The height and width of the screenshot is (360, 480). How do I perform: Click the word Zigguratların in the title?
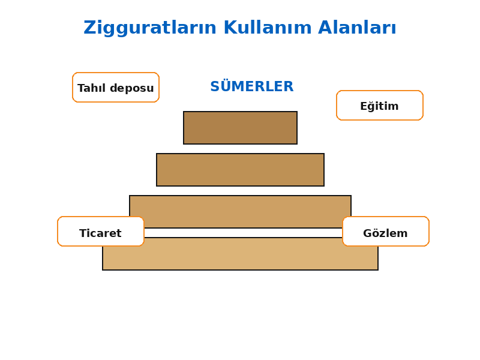(150, 28)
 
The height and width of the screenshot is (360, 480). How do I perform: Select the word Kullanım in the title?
(268, 28)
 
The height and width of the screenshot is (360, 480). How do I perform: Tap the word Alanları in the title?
(357, 28)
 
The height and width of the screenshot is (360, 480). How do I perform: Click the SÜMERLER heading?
(252, 86)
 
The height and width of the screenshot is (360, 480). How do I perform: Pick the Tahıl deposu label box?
(116, 87)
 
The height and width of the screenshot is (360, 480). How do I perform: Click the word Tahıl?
(92, 88)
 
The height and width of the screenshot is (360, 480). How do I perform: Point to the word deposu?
(132, 88)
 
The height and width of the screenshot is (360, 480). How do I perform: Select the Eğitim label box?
(380, 106)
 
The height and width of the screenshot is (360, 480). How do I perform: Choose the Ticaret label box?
(100, 232)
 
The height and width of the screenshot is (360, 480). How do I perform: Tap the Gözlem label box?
(386, 232)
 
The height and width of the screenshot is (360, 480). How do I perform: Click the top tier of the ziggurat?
(241, 128)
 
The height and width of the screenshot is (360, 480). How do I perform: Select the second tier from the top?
(241, 170)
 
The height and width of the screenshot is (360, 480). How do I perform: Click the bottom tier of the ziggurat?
(241, 257)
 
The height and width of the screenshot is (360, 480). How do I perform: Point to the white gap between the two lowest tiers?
(243, 233)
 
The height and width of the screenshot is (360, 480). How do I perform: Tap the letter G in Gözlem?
(368, 233)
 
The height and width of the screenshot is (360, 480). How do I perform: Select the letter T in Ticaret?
(83, 233)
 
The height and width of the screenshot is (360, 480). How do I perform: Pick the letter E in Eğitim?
(364, 106)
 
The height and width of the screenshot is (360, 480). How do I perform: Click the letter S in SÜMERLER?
(215, 86)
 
